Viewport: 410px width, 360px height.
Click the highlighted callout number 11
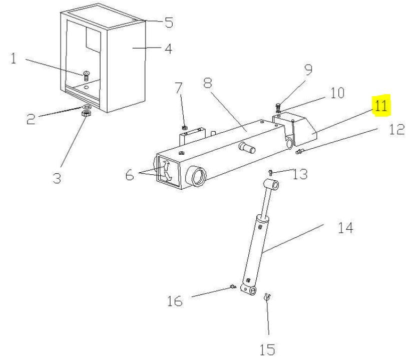pos(380,106)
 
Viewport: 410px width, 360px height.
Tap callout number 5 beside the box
pos(169,22)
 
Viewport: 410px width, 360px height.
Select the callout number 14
pos(345,228)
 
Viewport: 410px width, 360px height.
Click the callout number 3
pos(57,178)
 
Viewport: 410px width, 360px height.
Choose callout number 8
pos(208,83)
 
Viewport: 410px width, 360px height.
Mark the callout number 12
pos(396,129)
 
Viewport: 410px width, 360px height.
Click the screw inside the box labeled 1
pos(86,76)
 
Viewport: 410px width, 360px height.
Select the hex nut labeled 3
pos(86,113)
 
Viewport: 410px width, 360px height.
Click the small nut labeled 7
pos(184,128)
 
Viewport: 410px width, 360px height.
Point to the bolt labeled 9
pos(278,107)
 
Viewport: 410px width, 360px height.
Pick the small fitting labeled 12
pos(299,151)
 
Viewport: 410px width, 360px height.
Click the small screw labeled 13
pos(270,172)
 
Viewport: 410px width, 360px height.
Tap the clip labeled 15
pos(267,297)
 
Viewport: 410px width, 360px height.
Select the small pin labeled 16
pos(233,287)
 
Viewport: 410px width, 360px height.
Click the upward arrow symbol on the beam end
pos(166,166)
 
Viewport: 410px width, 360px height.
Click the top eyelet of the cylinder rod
pos(271,185)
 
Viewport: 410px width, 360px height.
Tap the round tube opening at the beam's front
pos(197,176)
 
